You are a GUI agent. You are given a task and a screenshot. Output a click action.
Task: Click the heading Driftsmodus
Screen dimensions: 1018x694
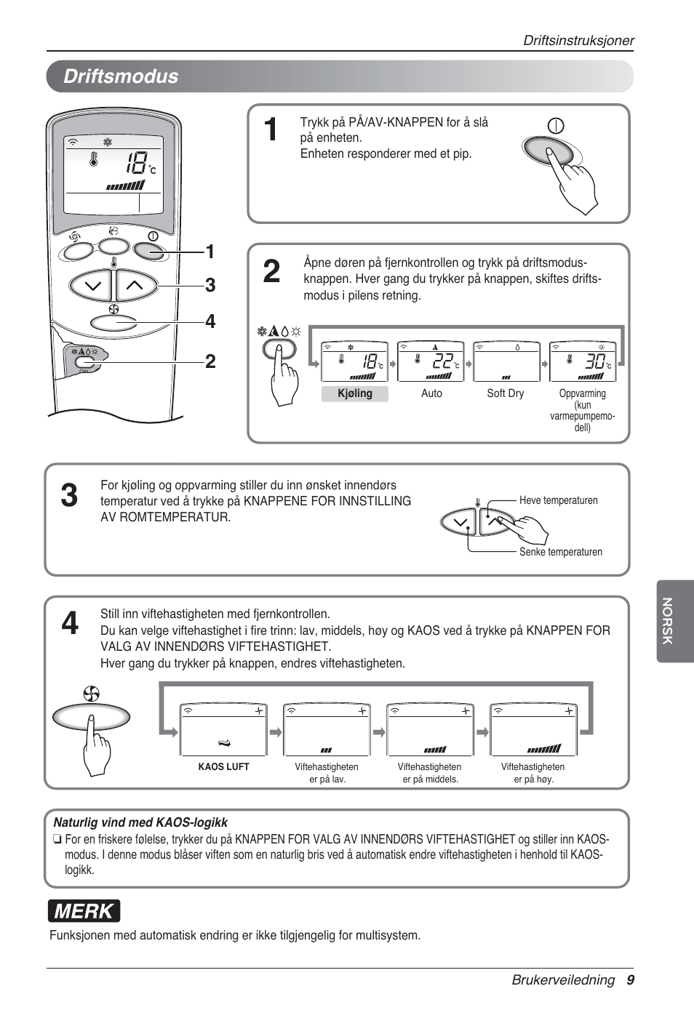point(121,76)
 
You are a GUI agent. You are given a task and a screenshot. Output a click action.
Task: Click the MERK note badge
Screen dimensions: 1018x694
point(84,911)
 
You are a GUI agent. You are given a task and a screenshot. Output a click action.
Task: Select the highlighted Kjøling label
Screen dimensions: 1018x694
point(355,393)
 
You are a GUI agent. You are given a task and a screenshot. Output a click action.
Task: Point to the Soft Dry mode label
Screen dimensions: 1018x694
point(505,393)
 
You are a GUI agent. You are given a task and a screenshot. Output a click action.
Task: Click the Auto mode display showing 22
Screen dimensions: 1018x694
point(431,361)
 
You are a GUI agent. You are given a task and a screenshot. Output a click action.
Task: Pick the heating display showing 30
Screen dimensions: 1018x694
point(582,361)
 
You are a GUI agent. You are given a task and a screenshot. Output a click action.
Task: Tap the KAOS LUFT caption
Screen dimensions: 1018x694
point(223,767)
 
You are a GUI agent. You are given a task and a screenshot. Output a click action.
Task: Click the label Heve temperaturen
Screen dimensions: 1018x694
point(558,500)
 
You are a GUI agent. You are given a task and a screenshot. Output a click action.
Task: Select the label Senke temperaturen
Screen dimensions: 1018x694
point(560,552)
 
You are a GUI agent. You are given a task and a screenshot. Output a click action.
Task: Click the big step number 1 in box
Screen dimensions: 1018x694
point(271,130)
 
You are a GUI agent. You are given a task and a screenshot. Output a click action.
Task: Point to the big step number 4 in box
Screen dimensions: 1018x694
point(70,623)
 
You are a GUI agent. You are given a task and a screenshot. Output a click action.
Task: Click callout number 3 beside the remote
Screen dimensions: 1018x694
point(210,285)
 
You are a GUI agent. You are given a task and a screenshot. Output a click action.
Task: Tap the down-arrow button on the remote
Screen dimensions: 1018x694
point(92,286)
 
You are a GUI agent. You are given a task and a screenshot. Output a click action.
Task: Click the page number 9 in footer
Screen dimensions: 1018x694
point(630,979)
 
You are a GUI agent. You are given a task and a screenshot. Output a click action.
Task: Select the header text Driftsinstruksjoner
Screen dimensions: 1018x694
point(578,41)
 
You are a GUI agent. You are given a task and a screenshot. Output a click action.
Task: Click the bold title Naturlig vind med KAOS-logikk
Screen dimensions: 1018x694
point(140,822)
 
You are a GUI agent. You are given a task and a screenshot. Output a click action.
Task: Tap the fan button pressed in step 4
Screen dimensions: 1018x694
point(91,717)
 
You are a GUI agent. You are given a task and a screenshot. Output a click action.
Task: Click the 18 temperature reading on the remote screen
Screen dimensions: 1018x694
point(135,163)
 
